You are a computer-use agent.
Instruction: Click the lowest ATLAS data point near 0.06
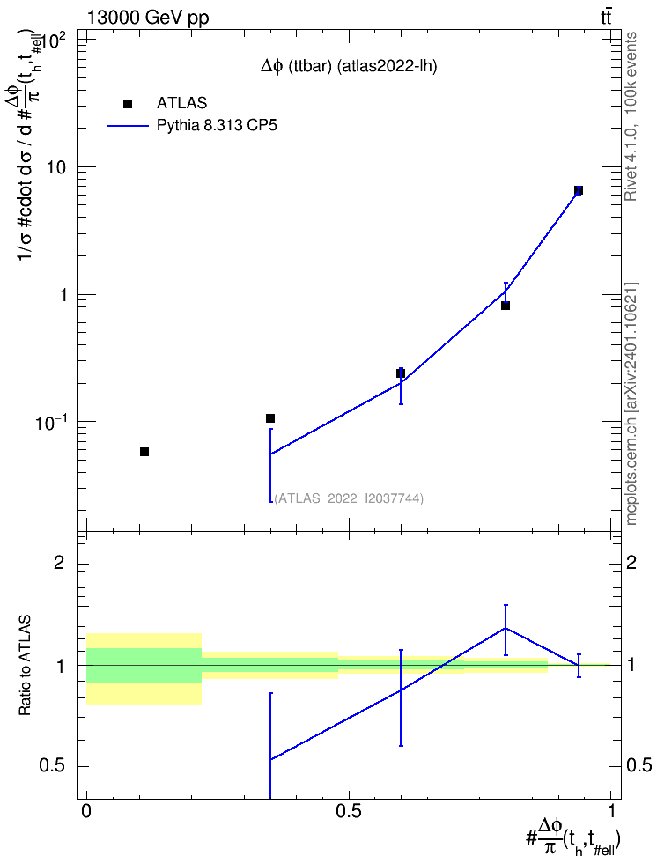pyautogui.click(x=144, y=452)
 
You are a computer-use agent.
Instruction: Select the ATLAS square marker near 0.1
pyautogui.click(x=269, y=418)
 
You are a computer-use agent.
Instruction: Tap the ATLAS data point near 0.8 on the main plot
pyautogui.click(x=506, y=306)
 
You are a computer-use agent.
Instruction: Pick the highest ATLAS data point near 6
pyautogui.click(x=579, y=190)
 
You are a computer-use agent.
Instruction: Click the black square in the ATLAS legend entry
pyautogui.click(x=128, y=104)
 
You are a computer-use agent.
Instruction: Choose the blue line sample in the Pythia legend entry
pyautogui.click(x=129, y=126)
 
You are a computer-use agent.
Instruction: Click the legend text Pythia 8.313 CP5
pyautogui.click(x=217, y=126)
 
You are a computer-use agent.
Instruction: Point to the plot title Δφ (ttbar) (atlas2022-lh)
pyautogui.click(x=349, y=67)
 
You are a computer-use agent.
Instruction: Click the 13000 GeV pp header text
pyautogui.click(x=147, y=18)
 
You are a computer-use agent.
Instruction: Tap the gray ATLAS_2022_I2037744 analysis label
pyautogui.click(x=349, y=498)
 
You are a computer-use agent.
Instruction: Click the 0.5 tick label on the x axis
pyautogui.click(x=349, y=811)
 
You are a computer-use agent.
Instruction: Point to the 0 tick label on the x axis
pyautogui.click(x=86, y=811)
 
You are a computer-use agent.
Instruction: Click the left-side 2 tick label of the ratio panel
pyautogui.click(x=59, y=562)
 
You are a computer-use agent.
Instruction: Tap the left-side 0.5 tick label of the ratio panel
pyautogui.click(x=52, y=766)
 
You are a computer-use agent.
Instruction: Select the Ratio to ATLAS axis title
pyautogui.click(x=26, y=666)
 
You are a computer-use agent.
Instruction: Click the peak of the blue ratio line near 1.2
pyautogui.click(x=506, y=628)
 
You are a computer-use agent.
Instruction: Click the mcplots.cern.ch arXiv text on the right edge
pyautogui.click(x=631, y=404)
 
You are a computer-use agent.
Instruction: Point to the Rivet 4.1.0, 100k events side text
pyautogui.click(x=631, y=116)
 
